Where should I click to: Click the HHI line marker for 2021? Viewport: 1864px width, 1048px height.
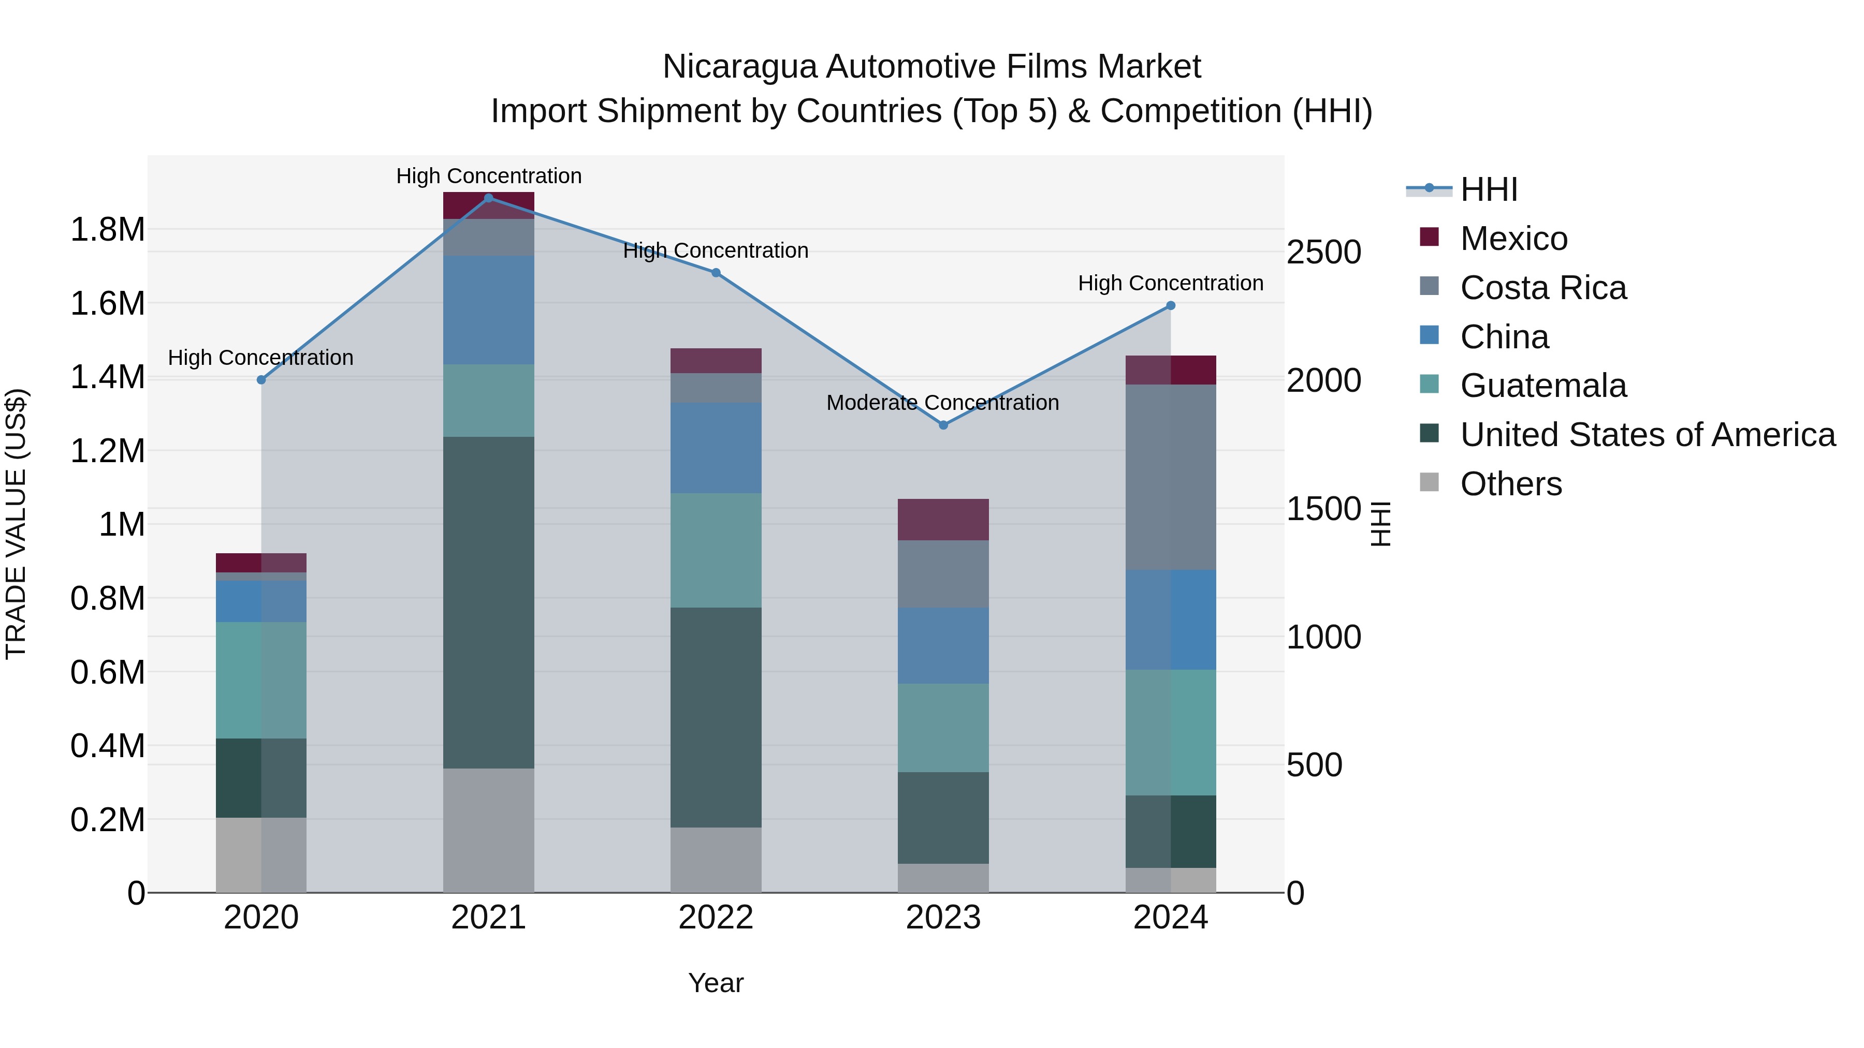[x=488, y=198]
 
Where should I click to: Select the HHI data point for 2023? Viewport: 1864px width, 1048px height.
[x=943, y=425]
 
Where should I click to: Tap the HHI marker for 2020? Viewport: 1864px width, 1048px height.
[x=261, y=380]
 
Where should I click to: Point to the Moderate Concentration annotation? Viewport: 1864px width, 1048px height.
[x=942, y=403]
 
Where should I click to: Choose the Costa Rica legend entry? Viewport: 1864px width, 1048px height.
[x=1543, y=288]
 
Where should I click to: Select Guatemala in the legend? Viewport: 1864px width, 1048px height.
[x=1543, y=386]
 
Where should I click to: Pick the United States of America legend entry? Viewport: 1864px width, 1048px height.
[x=1647, y=435]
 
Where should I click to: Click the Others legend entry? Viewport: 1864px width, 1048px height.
[x=1511, y=484]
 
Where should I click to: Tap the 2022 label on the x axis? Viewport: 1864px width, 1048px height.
[x=716, y=918]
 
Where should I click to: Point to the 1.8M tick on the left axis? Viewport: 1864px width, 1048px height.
[x=107, y=230]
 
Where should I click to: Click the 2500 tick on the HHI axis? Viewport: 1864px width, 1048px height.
[x=1323, y=253]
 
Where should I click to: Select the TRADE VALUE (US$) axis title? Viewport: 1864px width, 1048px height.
[x=16, y=524]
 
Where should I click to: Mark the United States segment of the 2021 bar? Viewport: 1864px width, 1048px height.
[x=488, y=602]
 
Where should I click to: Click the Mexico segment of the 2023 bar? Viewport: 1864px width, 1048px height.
[x=943, y=519]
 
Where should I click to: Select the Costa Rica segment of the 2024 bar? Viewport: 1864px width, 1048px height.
[x=1170, y=477]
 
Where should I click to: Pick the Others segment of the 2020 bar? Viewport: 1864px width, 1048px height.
[x=261, y=855]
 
